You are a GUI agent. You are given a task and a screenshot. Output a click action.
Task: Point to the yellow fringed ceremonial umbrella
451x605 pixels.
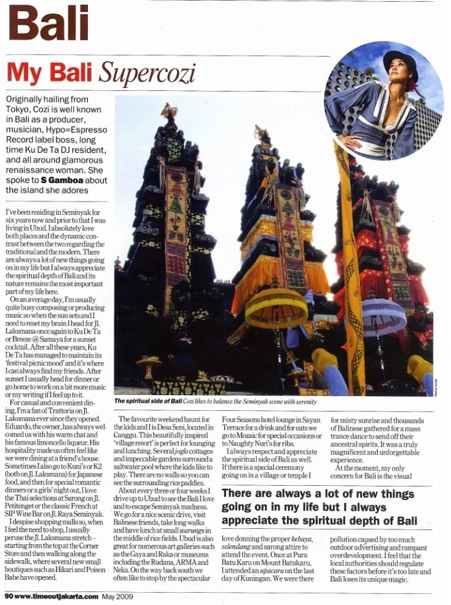click(276, 307)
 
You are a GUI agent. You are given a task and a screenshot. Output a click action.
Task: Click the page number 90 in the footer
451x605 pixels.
click(8, 595)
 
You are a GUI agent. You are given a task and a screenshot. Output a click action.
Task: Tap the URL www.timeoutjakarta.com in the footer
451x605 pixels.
click(56, 595)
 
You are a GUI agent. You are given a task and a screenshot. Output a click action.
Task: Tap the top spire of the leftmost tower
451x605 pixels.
click(170, 111)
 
